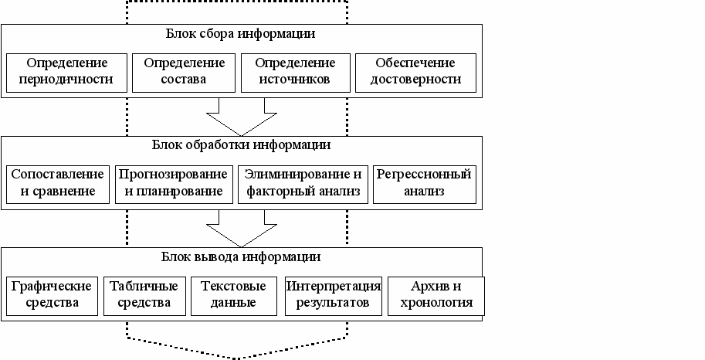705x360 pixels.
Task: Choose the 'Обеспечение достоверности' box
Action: (415, 71)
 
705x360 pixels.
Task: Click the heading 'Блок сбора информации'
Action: (240, 34)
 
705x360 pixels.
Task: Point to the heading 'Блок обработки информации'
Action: (240, 145)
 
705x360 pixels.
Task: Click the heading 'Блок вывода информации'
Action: (240, 256)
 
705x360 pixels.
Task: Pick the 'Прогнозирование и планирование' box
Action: (174, 184)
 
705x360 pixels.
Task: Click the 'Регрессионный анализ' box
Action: (423, 184)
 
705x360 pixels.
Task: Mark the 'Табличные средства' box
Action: (144, 294)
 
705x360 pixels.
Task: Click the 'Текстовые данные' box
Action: (233, 294)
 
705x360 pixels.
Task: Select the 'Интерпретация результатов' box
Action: (334, 294)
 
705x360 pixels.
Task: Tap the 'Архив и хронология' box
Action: (436, 294)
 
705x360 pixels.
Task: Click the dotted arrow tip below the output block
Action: (236, 355)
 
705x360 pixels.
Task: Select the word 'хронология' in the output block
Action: (436, 303)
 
